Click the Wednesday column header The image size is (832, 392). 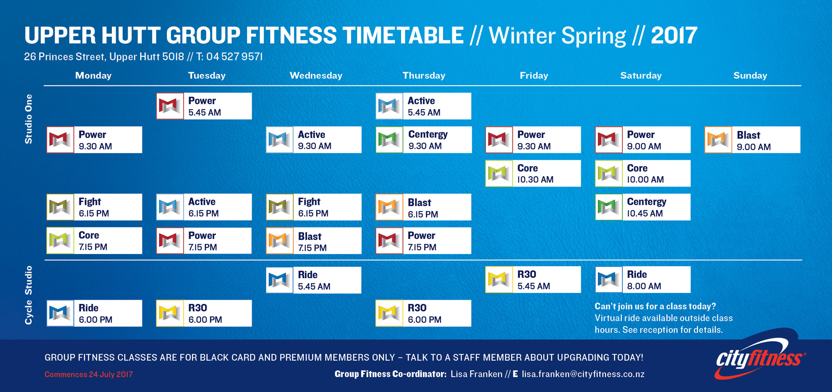coord(316,76)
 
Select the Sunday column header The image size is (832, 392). coord(750,76)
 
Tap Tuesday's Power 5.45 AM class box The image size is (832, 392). coord(204,106)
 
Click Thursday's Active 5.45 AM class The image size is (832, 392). coord(423,106)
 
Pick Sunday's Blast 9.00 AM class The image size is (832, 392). coord(752,140)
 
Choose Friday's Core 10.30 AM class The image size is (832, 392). coord(533,173)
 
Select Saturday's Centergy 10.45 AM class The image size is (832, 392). coord(643,207)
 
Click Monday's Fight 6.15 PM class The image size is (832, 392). coord(94,207)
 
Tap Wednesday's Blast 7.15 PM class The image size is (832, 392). coord(314,241)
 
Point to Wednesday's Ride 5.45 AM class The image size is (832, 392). coord(314,280)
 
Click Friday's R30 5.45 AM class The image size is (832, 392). coord(533,280)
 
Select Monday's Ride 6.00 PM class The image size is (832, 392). coord(94,313)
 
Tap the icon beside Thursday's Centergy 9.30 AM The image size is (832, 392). coord(389,140)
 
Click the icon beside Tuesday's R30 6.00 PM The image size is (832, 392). coord(170,313)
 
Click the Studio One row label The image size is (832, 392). coord(28,119)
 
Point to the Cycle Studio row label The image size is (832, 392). coord(28,295)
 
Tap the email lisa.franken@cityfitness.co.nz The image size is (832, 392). coord(583,374)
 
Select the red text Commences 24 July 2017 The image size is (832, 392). coord(89,375)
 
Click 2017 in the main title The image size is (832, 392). coord(674,36)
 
